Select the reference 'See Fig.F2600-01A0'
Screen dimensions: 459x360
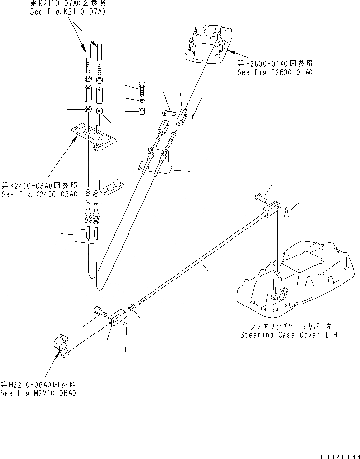coord(275,72)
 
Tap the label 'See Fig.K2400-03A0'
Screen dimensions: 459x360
coord(39,194)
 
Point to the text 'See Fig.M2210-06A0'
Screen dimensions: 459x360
coord(38,393)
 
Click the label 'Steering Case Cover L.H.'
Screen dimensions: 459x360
coord(291,335)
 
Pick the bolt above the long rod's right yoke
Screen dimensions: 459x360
coord(260,197)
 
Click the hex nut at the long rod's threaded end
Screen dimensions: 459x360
coord(132,307)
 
